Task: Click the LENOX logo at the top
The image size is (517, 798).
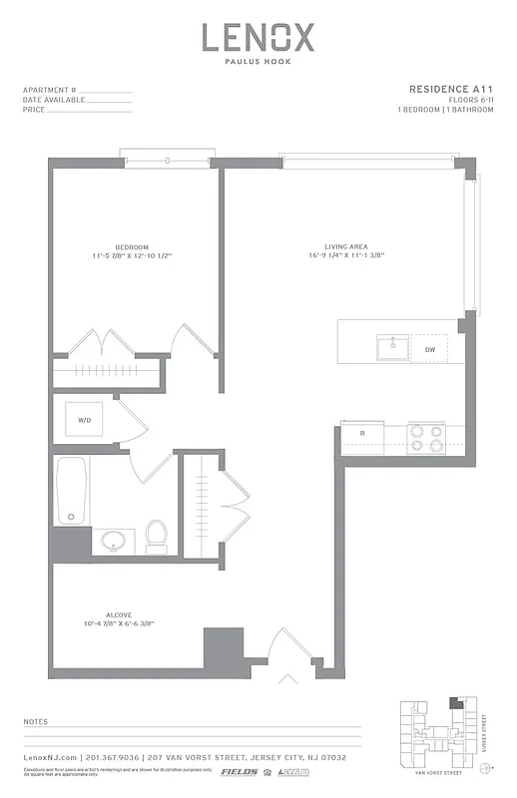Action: pos(258,38)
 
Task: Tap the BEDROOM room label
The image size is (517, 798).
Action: pos(132,247)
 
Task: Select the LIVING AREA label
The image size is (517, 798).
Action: pos(346,247)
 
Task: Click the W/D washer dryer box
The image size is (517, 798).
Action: pos(86,421)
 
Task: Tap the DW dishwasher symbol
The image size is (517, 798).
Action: pos(430,349)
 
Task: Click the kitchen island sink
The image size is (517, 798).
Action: pos(390,348)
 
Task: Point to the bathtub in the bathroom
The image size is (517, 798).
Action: pos(71,490)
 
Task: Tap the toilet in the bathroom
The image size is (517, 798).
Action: pos(156,536)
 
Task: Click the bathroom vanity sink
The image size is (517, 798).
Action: pos(113,542)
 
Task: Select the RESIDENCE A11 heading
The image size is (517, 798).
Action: pos(451,89)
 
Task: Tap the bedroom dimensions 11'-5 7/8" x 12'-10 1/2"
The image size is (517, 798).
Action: pos(132,256)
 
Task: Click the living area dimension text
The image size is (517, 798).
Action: pos(346,256)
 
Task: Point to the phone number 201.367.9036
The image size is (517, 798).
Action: pos(114,758)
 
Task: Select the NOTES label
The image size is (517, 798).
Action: pos(36,720)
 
